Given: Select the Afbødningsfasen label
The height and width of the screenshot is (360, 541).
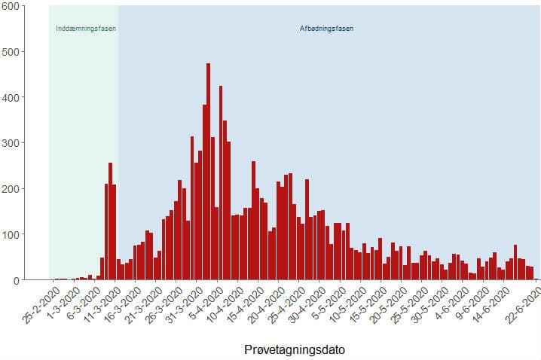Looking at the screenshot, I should pyautogui.click(x=327, y=29).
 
